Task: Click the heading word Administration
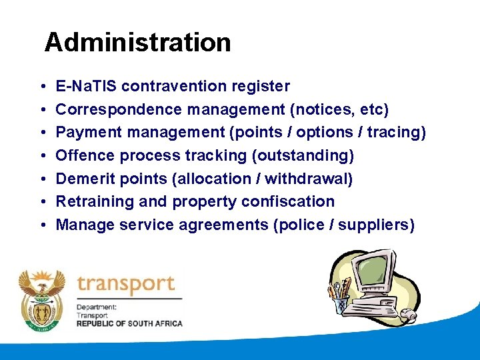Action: (137, 43)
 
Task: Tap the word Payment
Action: (87, 133)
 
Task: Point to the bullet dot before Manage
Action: (42, 225)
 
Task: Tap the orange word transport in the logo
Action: (125, 285)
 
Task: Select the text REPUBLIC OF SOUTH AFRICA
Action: (129, 323)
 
